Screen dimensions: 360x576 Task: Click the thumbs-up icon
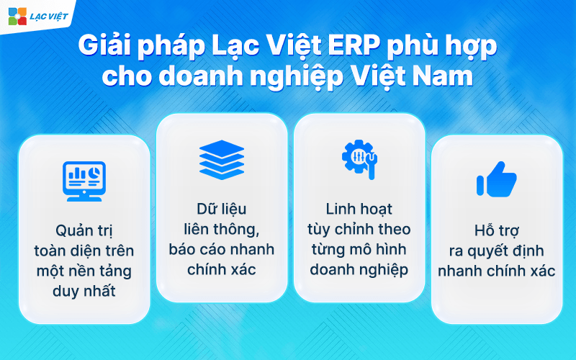496,180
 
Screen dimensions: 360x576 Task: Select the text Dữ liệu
222,209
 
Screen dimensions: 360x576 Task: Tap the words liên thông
222,230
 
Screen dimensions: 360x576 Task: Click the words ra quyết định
496,251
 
